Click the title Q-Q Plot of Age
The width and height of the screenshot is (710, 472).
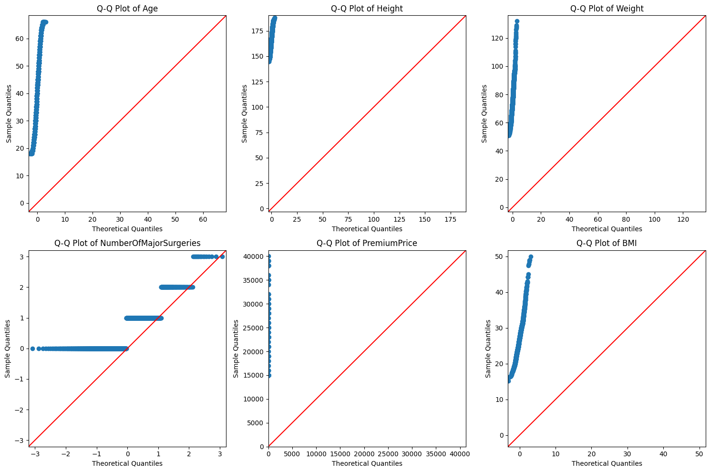(x=127, y=9)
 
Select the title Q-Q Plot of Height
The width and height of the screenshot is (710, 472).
(x=367, y=9)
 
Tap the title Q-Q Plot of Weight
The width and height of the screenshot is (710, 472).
(x=607, y=9)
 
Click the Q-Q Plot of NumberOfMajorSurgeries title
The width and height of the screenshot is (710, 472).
(x=127, y=243)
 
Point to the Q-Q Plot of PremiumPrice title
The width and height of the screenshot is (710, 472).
(x=367, y=243)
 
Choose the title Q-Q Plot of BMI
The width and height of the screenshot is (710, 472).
(x=607, y=243)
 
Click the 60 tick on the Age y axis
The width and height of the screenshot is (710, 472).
(x=20, y=39)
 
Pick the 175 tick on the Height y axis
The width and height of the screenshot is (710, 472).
(x=258, y=31)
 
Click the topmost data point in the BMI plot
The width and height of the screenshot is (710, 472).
(x=531, y=257)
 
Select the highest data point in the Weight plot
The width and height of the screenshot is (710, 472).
(x=517, y=21)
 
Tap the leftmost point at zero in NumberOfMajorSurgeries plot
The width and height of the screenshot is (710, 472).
(x=32, y=349)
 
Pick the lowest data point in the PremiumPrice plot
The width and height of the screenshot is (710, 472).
(x=269, y=376)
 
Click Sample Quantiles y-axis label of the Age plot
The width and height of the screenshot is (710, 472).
(x=9, y=113)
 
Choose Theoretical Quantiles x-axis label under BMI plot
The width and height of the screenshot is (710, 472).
(x=607, y=463)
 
